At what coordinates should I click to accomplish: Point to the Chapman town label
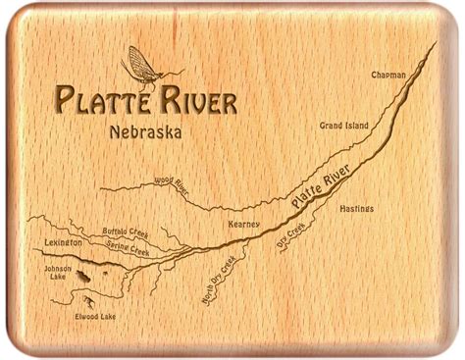pyautogui.click(x=389, y=75)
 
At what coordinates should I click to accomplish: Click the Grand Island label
pyautogui.click(x=345, y=126)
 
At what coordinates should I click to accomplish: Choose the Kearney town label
pyautogui.click(x=243, y=224)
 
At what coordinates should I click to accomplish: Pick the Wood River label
pyautogui.click(x=172, y=180)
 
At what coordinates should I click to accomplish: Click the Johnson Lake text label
pyautogui.click(x=51, y=271)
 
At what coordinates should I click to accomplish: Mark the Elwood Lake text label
pyautogui.click(x=94, y=317)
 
